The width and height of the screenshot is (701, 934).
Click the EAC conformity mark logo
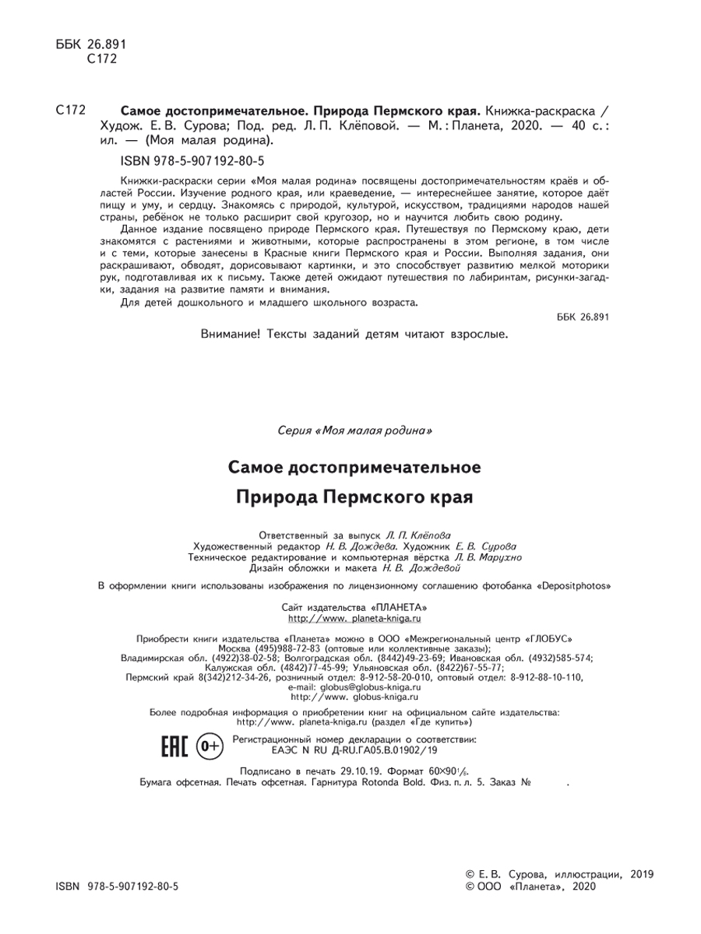174,746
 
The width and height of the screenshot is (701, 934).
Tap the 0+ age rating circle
210,746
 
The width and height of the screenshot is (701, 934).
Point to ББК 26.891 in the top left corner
92,44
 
